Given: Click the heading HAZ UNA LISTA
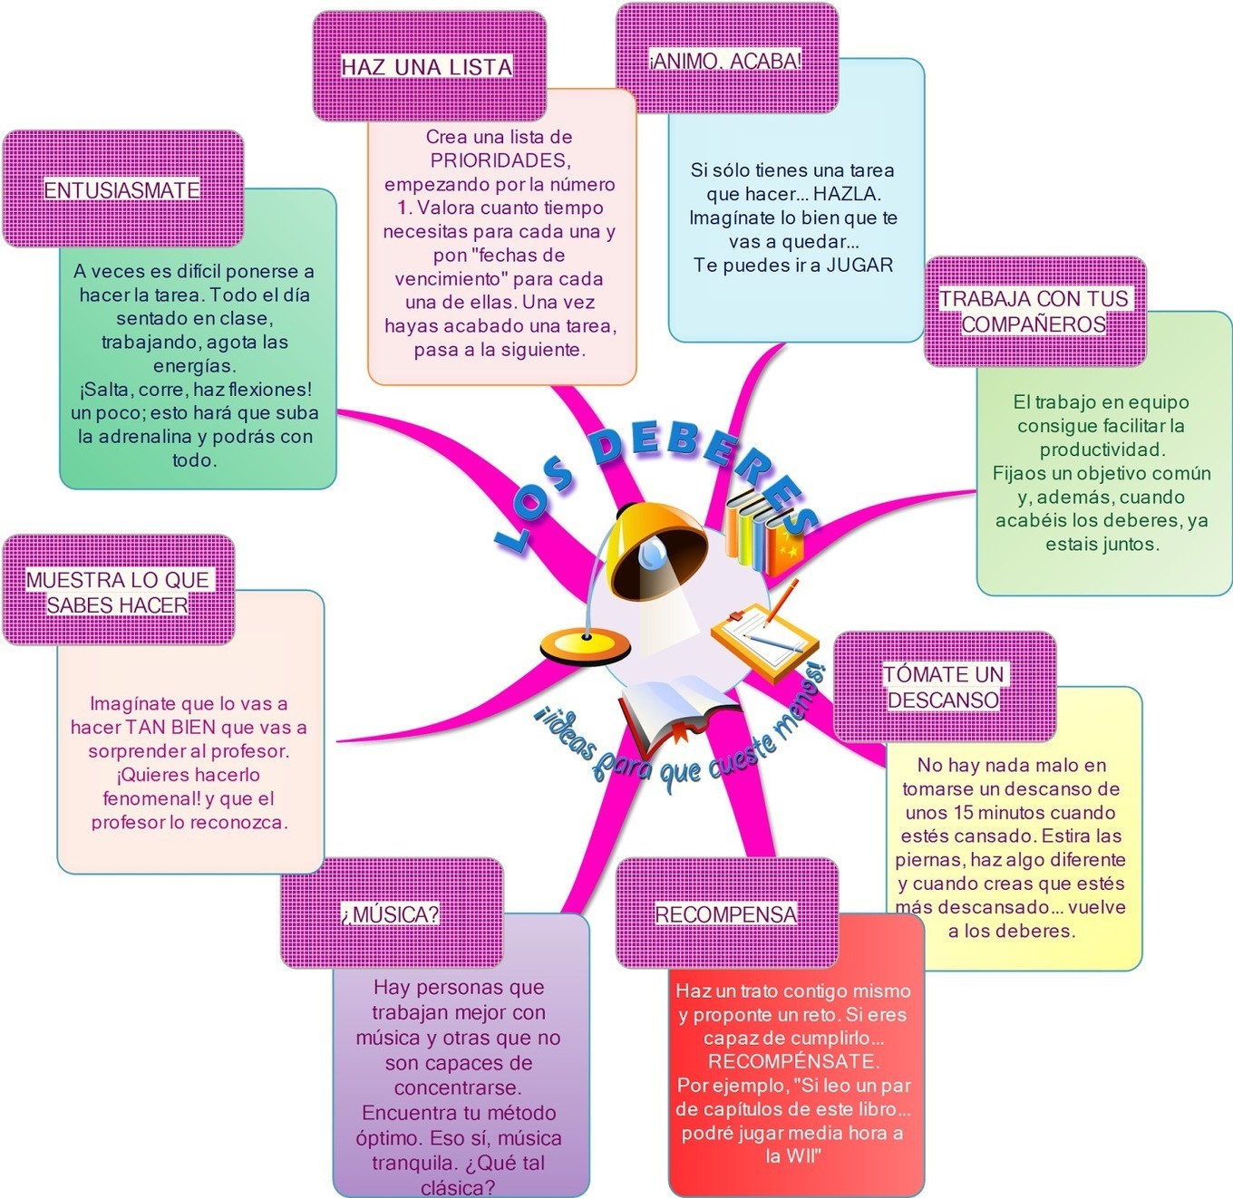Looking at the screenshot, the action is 426,66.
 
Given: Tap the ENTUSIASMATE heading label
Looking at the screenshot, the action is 121,190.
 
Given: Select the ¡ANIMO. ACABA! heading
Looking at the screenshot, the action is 726,61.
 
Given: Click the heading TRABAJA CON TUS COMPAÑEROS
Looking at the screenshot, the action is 1034,311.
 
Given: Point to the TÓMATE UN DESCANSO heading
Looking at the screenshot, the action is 944,686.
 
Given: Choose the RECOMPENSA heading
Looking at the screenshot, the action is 726,913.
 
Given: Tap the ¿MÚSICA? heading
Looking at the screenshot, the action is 391,913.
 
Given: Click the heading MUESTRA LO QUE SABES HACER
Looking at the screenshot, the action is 118,592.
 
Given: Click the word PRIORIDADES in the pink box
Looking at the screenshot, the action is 500,160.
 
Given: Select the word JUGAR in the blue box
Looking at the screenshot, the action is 859,265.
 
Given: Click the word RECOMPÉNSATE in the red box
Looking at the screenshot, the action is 793,1060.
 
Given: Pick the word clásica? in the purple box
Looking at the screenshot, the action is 458,1188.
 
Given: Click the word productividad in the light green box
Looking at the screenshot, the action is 1102,449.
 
